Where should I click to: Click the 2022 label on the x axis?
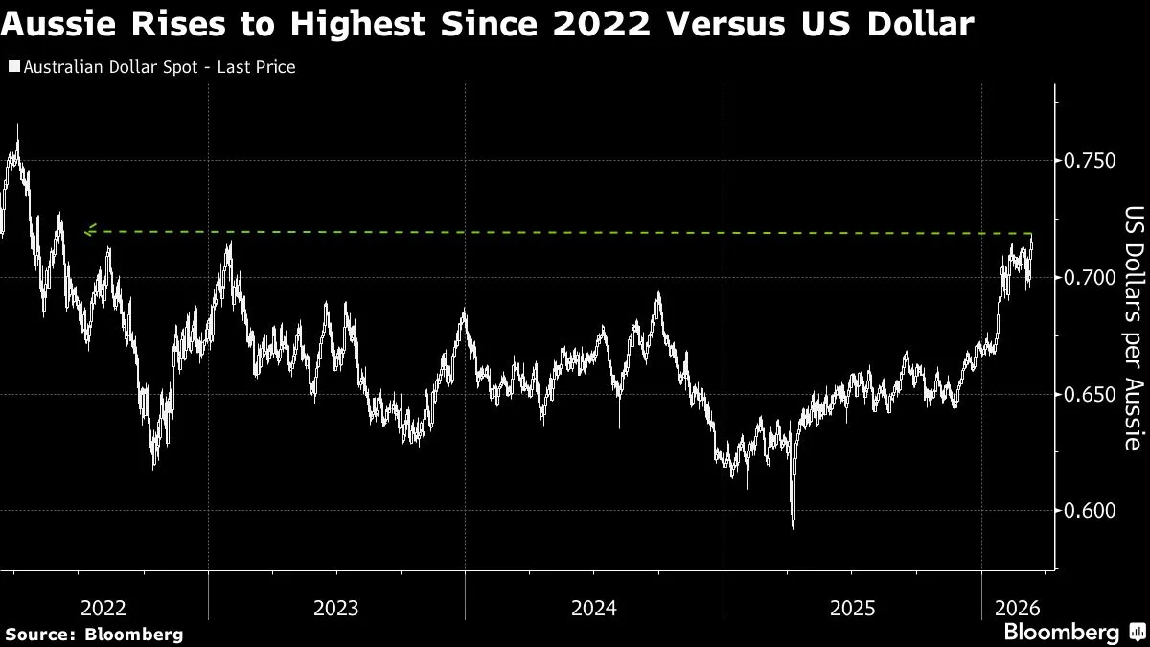click(103, 608)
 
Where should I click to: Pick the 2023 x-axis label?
click(335, 608)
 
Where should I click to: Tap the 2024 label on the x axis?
click(593, 608)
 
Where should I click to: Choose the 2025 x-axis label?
click(852, 608)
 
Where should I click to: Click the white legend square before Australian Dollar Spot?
click(12, 68)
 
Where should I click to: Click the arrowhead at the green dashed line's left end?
click(88, 230)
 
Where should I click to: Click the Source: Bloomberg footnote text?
click(93, 634)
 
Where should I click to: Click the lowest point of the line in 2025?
click(793, 525)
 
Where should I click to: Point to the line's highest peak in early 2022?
click(17, 127)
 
